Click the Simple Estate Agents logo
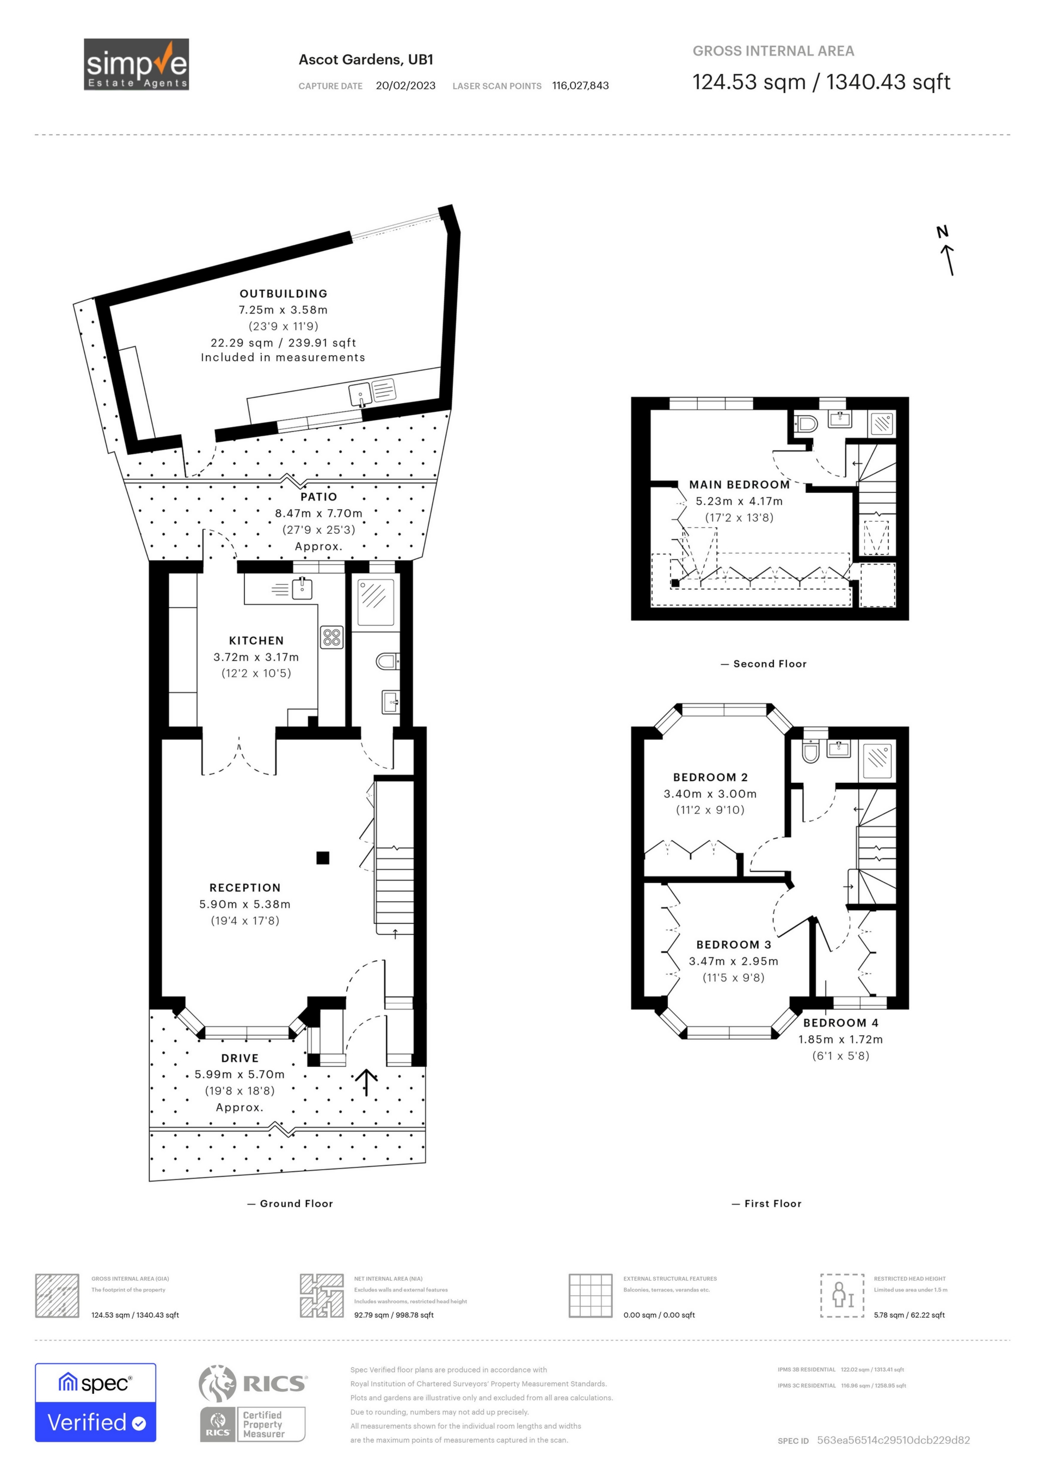(x=137, y=64)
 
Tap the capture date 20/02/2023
(x=405, y=85)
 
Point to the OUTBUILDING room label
(x=284, y=293)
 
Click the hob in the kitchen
(x=332, y=638)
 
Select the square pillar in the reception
(x=323, y=857)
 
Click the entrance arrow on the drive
(x=366, y=1082)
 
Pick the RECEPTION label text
(x=245, y=888)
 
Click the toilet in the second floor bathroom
(x=806, y=423)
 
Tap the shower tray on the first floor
(x=878, y=757)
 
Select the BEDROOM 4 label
(x=840, y=1023)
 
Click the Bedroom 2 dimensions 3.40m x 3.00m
(x=710, y=794)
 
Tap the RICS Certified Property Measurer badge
(x=252, y=1424)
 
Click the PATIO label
(x=318, y=497)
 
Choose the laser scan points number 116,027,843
(x=580, y=85)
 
